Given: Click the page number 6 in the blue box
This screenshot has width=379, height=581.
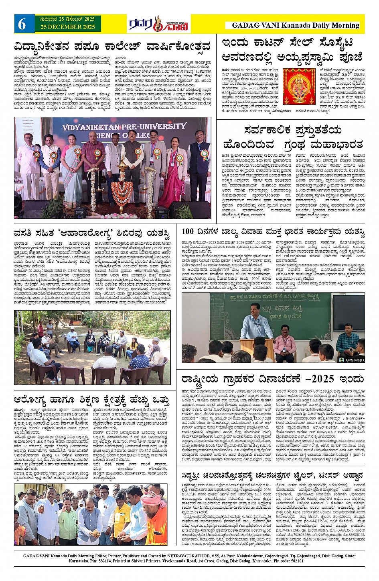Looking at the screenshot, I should (21, 24).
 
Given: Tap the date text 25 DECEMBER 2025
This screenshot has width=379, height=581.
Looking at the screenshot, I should (67, 27).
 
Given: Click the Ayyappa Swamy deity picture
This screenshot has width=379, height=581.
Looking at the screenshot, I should (299, 86).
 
